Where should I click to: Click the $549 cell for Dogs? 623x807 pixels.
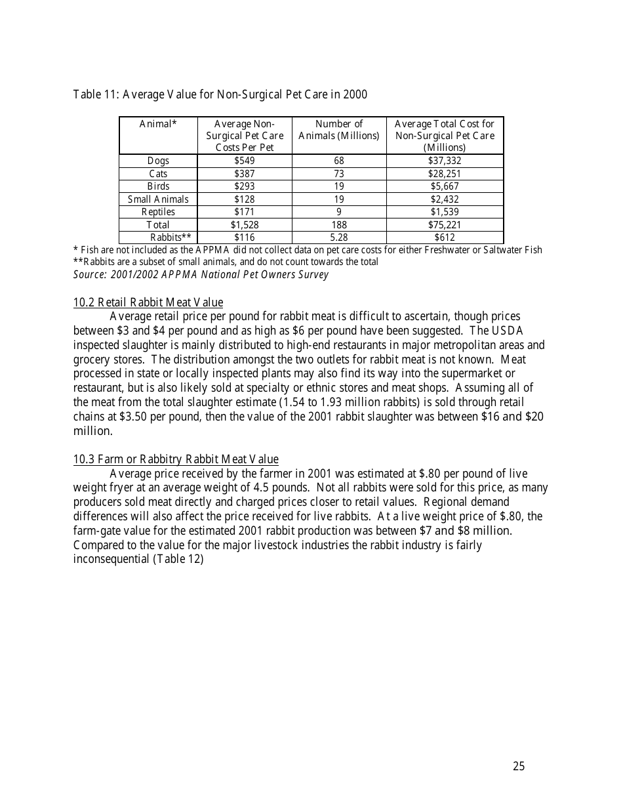pos(244,161)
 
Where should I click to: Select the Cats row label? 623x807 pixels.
pos(158,174)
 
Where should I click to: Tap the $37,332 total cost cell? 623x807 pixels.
pos(445,161)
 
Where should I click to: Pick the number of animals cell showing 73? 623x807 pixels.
pos(339,174)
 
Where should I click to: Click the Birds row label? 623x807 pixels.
pos(158,186)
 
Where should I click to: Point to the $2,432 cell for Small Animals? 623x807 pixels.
pos(445,199)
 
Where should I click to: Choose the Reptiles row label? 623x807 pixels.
pos(158,212)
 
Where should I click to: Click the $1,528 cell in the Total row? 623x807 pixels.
pos(244,225)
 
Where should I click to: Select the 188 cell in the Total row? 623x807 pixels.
pos(339,225)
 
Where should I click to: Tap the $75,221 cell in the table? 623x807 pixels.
pos(445,225)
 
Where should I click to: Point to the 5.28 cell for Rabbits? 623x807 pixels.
pos(339,238)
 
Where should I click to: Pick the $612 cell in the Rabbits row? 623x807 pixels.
pos(445,238)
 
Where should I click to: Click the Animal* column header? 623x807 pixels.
pos(158,124)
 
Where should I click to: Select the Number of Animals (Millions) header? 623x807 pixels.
pos(339,130)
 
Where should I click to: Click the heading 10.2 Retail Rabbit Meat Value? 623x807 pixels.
pos(148,302)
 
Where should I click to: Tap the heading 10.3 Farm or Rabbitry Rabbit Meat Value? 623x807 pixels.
pos(176,459)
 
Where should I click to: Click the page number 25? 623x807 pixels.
pos(519,766)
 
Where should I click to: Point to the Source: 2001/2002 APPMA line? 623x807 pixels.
pos(201,274)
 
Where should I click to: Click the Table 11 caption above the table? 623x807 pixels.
pos(220,94)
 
